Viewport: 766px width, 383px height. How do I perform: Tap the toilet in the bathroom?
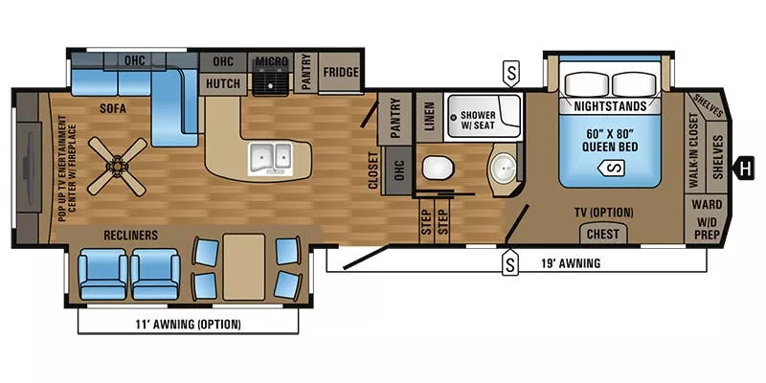tap(437, 169)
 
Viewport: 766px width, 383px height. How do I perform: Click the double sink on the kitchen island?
tap(270, 156)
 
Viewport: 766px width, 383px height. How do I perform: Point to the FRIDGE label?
tap(339, 72)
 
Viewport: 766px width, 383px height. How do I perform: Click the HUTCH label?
tap(223, 84)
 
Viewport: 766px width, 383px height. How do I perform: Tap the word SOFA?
tap(113, 109)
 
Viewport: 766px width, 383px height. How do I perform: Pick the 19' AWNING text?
tap(571, 263)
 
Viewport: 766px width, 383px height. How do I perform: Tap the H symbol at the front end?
tap(741, 169)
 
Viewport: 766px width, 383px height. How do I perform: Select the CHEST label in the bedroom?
tap(602, 234)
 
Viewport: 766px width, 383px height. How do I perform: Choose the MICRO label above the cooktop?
tap(271, 62)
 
